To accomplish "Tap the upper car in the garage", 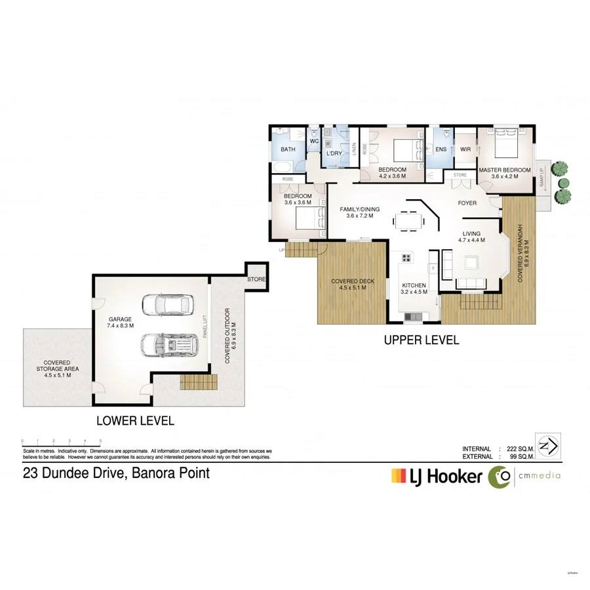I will point(168,305).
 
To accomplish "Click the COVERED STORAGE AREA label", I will point(57,369).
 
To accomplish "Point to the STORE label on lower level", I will point(256,279).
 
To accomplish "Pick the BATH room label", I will point(288,149).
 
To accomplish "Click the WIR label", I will point(465,149).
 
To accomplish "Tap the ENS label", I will point(441,149).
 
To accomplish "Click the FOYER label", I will point(467,203).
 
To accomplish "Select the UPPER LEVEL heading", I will point(422,340).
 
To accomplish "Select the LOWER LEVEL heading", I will point(135,421).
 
